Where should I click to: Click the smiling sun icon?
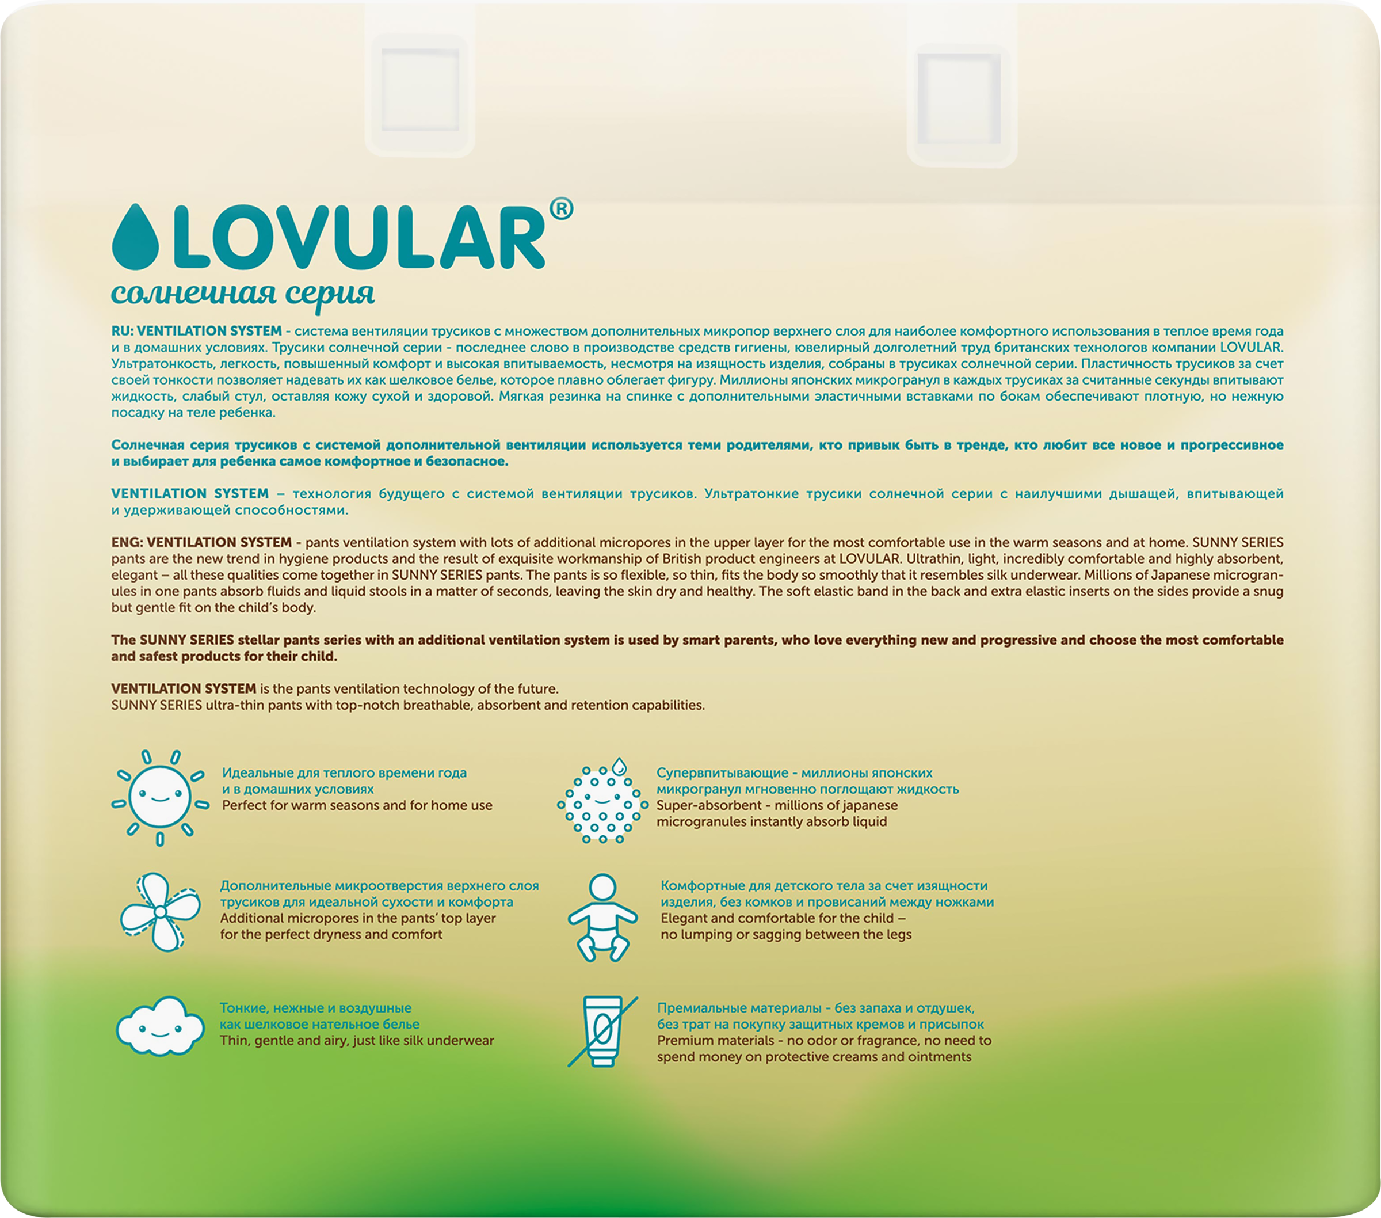pos(160,798)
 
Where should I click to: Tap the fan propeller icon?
pos(160,912)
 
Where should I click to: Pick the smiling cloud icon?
pos(160,1027)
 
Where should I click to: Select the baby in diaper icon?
pos(602,917)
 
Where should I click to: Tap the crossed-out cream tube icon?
pos(602,1031)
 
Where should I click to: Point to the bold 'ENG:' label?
pos(127,542)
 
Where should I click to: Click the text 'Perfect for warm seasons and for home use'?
pos(357,806)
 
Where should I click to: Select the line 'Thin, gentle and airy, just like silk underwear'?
pos(357,1041)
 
